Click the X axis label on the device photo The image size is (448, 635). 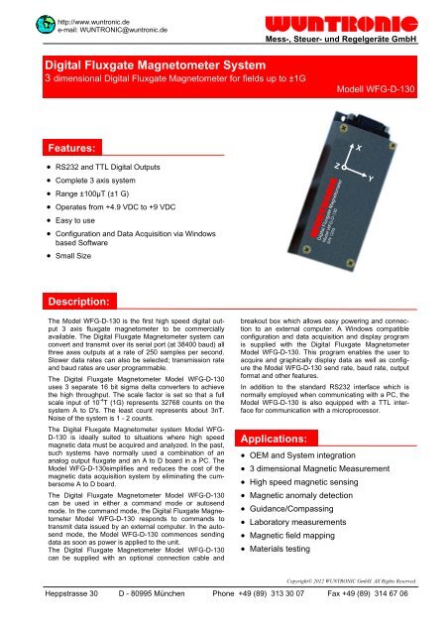click(359, 148)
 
